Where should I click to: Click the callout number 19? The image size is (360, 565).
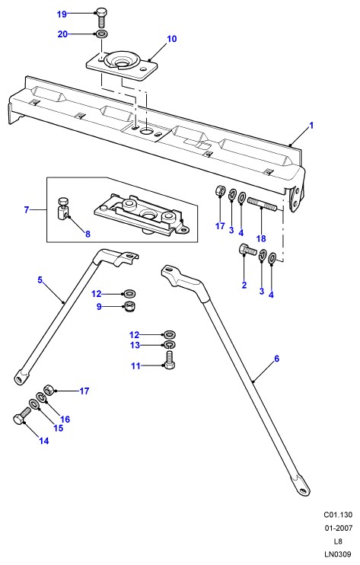(62, 14)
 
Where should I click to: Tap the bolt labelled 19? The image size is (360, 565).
(101, 18)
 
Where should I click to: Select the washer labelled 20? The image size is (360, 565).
(101, 34)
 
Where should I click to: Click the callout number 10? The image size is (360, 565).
(172, 39)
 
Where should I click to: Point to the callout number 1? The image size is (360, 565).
(311, 126)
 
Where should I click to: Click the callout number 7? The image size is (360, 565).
(27, 209)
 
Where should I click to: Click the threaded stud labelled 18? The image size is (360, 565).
(262, 205)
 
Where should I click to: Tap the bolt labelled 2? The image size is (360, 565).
(247, 250)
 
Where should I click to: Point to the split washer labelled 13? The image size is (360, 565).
(170, 345)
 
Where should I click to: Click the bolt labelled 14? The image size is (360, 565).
(21, 417)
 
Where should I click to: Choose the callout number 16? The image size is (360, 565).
(65, 419)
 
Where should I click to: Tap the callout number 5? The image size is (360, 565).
(40, 279)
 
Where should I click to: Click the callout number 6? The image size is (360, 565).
(276, 359)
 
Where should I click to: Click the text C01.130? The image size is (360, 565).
(338, 515)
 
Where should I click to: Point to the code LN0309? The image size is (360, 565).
(337, 554)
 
